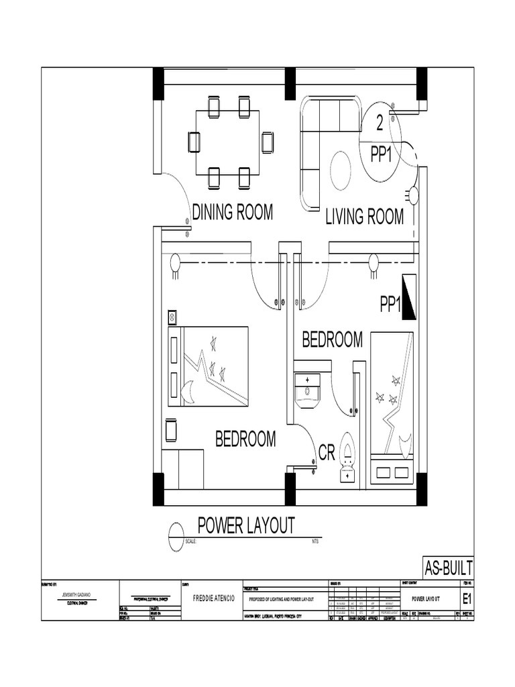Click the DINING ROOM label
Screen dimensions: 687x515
(233, 212)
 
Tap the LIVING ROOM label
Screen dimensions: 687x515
(364, 217)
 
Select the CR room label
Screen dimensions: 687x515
(327, 454)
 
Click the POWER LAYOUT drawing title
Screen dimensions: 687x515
(245, 525)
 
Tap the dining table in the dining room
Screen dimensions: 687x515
(227, 142)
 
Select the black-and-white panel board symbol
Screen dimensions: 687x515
(408, 296)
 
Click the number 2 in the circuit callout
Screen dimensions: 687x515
(380, 123)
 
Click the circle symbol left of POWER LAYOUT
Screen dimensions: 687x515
(176, 530)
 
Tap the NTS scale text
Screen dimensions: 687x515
(316, 541)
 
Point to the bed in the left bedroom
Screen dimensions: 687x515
(208, 366)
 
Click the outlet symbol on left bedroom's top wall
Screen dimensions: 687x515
(175, 264)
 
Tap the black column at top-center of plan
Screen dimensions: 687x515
(290, 84)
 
